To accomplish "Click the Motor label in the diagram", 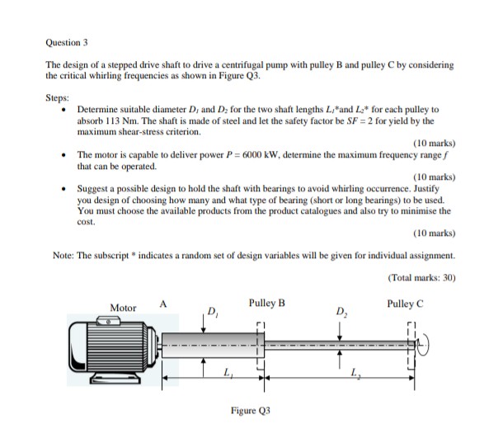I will click(124, 308).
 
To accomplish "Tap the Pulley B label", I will click(266, 302).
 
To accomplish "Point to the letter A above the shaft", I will click(162, 303).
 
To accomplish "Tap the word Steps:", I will click(59, 96).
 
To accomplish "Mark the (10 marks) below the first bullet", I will click(433, 143).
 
